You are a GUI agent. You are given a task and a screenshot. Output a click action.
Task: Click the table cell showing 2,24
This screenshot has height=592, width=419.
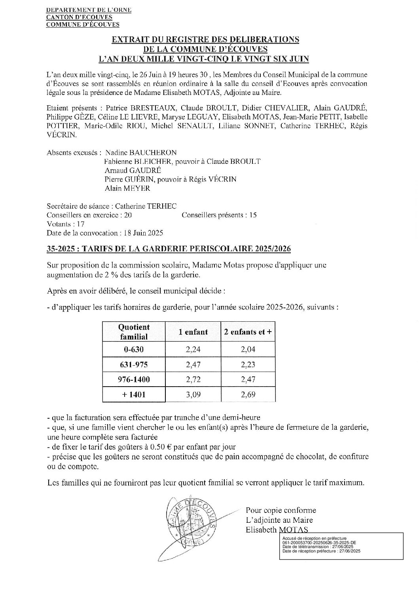pos(193,349)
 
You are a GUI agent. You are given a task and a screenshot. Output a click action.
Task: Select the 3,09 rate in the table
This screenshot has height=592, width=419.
pos(193,395)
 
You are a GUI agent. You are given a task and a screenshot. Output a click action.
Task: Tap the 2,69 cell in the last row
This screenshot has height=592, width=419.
pos(248,395)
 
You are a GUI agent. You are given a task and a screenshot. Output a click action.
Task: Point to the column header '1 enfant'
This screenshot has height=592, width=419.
pos(193,332)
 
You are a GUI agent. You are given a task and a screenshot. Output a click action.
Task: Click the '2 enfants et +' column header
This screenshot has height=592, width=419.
pos(248,332)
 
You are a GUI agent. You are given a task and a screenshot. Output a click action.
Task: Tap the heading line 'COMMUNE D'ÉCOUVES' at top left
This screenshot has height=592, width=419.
pos(83,25)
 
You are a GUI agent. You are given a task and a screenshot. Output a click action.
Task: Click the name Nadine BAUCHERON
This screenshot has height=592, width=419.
pos(141,153)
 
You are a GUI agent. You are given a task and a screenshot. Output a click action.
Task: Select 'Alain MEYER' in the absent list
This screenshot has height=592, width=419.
pos(127,188)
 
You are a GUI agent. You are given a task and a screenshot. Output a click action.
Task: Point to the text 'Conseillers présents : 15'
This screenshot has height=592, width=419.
pos(219,215)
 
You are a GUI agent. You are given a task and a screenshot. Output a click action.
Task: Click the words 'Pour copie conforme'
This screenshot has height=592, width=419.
pos(281,510)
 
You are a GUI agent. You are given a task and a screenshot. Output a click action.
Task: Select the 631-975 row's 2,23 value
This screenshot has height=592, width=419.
pos(248,364)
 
